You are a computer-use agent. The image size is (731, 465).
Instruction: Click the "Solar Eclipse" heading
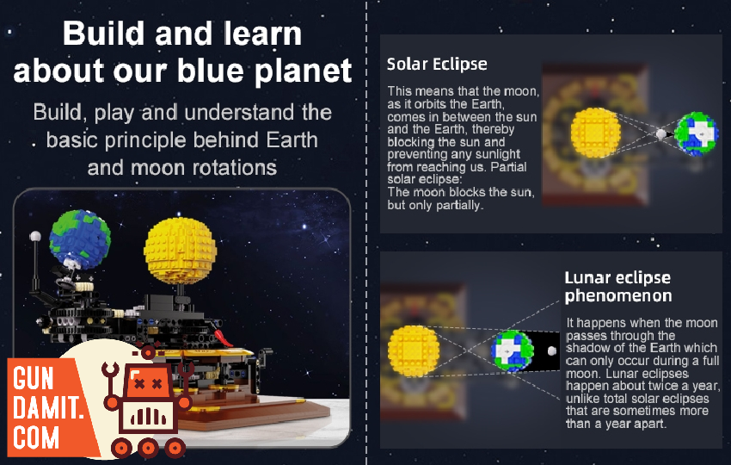click(x=437, y=64)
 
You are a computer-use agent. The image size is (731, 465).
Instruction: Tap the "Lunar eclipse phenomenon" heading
click(x=618, y=287)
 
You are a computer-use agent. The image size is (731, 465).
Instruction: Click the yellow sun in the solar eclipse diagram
click(x=595, y=133)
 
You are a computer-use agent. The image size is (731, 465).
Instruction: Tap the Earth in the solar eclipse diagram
click(x=696, y=133)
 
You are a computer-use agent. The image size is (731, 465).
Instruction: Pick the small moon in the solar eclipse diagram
click(x=661, y=134)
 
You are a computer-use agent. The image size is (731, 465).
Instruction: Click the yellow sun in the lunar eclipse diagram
click(x=413, y=351)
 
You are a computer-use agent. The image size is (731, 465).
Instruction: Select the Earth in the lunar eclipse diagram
click(x=513, y=350)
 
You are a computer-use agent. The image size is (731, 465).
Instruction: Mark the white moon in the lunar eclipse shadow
click(x=552, y=350)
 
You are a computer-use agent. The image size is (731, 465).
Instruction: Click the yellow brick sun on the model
click(x=180, y=251)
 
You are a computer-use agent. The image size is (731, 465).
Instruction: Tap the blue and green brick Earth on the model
click(x=80, y=239)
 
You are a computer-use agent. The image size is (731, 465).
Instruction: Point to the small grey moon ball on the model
click(x=35, y=236)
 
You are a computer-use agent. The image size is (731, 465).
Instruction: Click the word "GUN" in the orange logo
click(x=33, y=378)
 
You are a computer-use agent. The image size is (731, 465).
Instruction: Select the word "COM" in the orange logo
click(x=36, y=437)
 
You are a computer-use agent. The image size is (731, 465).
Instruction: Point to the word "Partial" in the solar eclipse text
click(x=507, y=167)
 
